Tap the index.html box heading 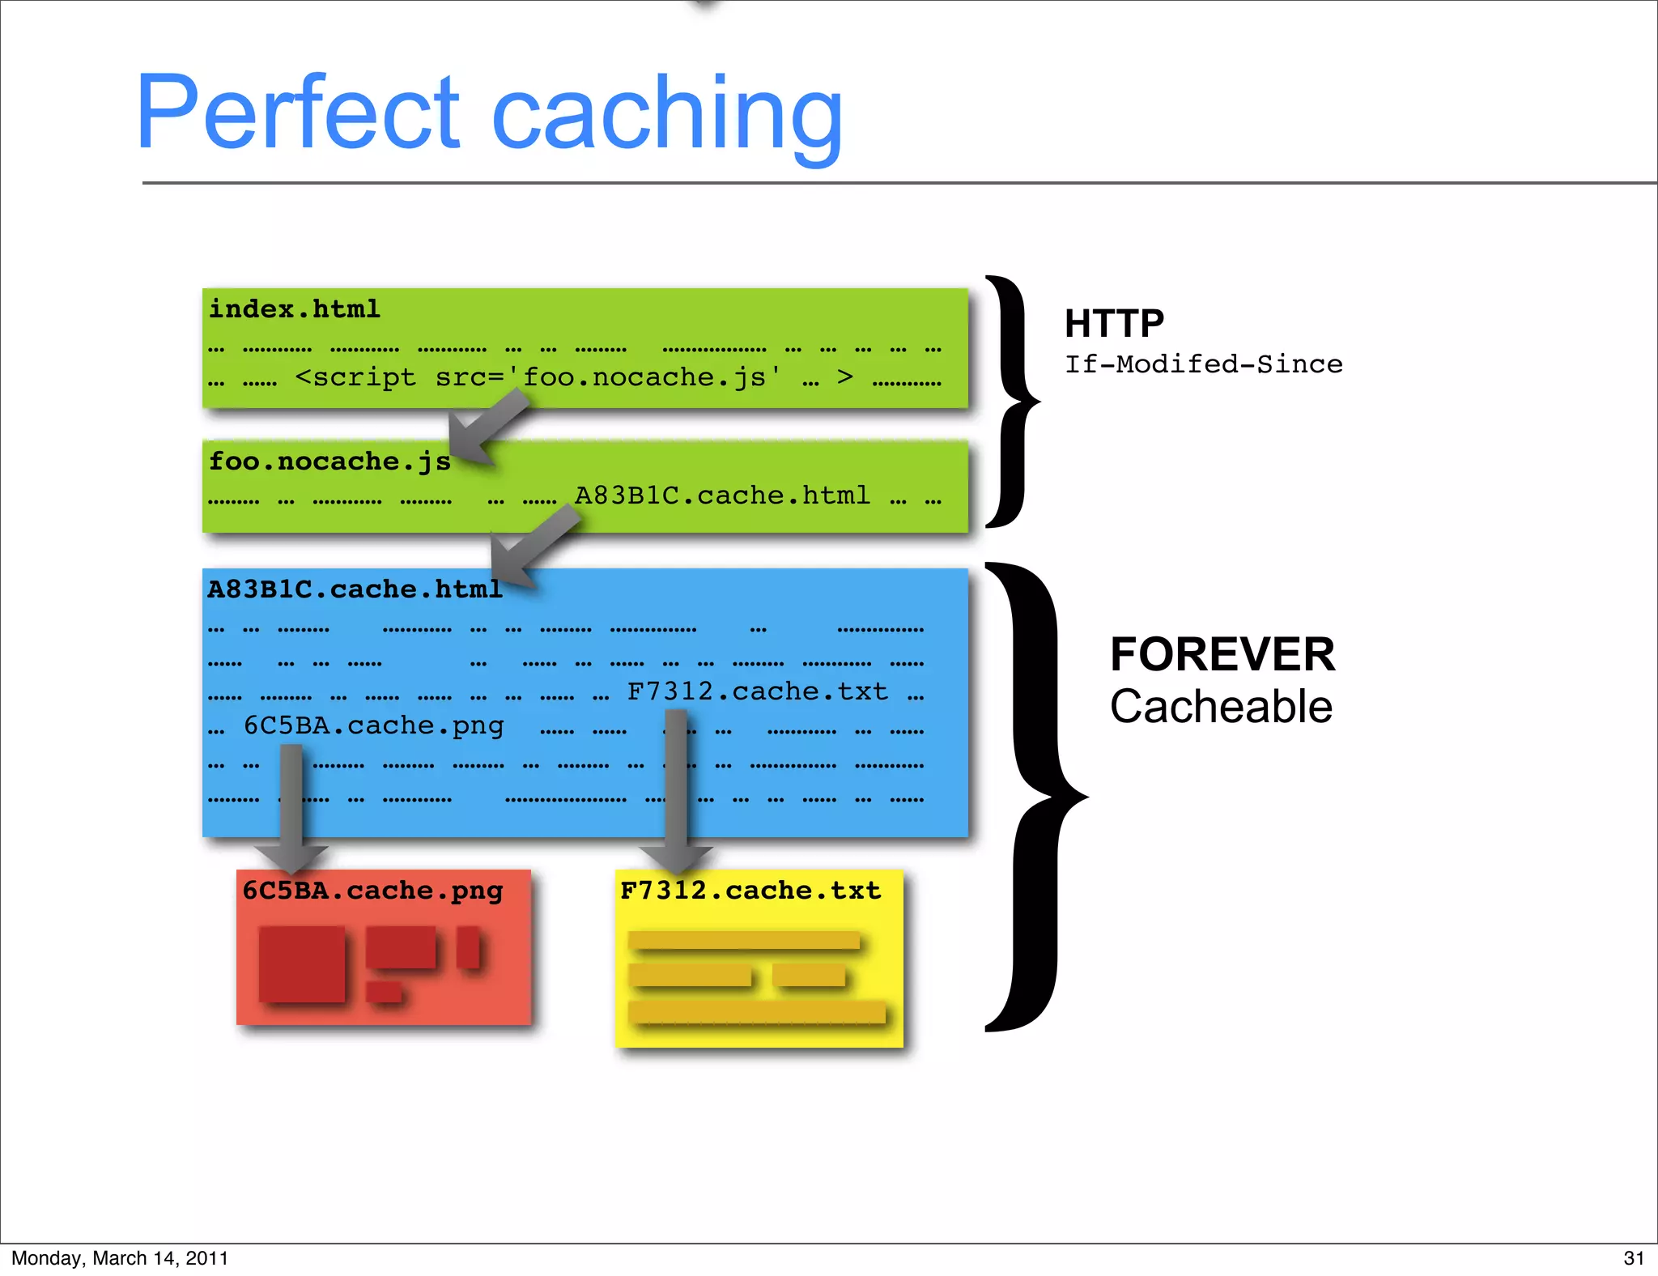295,309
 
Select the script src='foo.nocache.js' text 538,377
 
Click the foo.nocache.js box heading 329,461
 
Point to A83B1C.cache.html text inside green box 722,495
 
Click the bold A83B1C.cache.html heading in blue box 355,589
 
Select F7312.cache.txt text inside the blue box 757,691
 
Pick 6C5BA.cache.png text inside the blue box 373,725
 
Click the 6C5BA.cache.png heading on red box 372,891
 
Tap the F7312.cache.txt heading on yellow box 750,891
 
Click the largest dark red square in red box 301,963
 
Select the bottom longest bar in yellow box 756,1012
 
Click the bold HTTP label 1114,324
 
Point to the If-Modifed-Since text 1203,364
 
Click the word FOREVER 1222,654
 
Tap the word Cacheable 1221,707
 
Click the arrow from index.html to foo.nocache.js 488,425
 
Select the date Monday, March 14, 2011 120,1258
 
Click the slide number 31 1633,1258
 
